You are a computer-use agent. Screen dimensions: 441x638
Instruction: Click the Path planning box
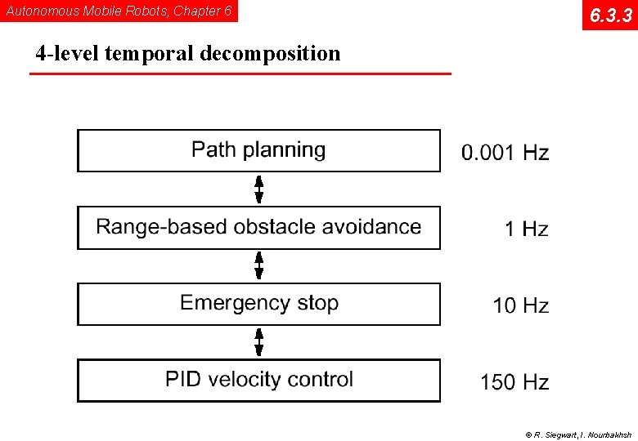[x=258, y=150]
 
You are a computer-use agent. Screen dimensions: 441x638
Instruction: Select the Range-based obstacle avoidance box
[x=258, y=227]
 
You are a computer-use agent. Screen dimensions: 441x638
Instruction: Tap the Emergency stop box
[x=258, y=304]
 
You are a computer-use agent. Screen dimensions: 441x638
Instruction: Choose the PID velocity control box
[x=258, y=380]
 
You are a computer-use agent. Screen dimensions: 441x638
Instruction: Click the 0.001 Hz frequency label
[x=505, y=153]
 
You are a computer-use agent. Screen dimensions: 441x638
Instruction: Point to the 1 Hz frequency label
[x=526, y=229]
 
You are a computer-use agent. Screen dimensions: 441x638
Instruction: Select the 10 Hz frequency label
[x=520, y=305]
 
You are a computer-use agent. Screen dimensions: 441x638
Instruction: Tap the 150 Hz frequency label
[x=514, y=381]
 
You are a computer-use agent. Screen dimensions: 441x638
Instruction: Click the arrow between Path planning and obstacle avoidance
[x=259, y=189]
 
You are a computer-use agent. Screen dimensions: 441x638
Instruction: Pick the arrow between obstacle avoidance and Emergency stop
[x=259, y=265]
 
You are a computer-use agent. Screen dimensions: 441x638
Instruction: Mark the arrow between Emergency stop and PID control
[x=259, y=341]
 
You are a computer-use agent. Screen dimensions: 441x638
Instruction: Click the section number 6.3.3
[x=609, y=15]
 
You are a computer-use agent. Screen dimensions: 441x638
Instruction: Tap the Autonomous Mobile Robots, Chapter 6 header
[x=119, y=11]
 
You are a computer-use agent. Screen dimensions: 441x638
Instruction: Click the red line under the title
[x=240, y=73]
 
